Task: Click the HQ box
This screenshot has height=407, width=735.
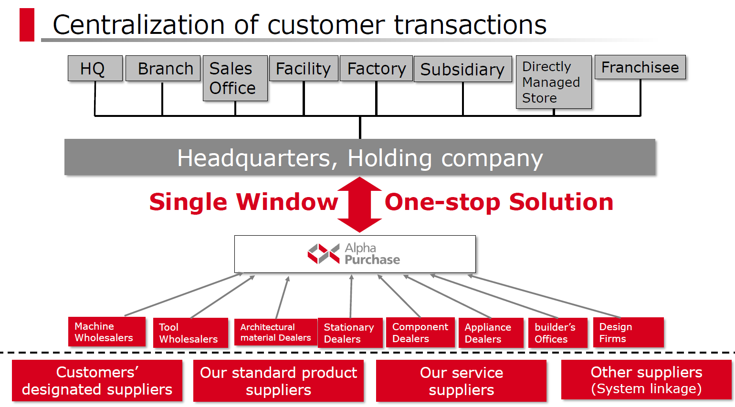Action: (95, 68)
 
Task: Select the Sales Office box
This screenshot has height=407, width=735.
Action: (235, 78)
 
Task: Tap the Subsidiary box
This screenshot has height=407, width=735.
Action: (462, 69)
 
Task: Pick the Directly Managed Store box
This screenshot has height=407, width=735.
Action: (554, 82)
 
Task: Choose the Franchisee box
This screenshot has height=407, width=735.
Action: (640, 67)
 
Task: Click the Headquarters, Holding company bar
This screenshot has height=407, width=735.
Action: (360, 157)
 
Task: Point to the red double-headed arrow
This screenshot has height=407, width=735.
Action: (360, 205)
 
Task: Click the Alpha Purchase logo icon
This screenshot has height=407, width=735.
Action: (324, 253)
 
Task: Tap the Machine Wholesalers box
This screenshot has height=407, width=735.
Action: (106, 332)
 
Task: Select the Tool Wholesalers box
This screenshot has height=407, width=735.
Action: (190, 333)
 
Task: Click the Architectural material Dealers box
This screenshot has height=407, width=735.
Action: (276, 332)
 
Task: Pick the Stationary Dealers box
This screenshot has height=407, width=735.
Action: (350, 333)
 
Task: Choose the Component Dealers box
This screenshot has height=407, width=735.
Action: (420, 332)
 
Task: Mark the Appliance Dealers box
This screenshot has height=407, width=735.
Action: (491, 333)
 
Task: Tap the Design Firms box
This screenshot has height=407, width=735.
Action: (629, 332)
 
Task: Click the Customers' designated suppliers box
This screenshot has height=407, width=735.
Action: (97, 380)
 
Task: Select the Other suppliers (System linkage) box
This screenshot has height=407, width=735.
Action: (646, 380)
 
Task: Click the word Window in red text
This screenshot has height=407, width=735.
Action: (287, 202)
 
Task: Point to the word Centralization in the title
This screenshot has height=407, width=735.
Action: (138, 25)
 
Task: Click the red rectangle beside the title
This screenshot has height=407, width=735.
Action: (27, 25)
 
